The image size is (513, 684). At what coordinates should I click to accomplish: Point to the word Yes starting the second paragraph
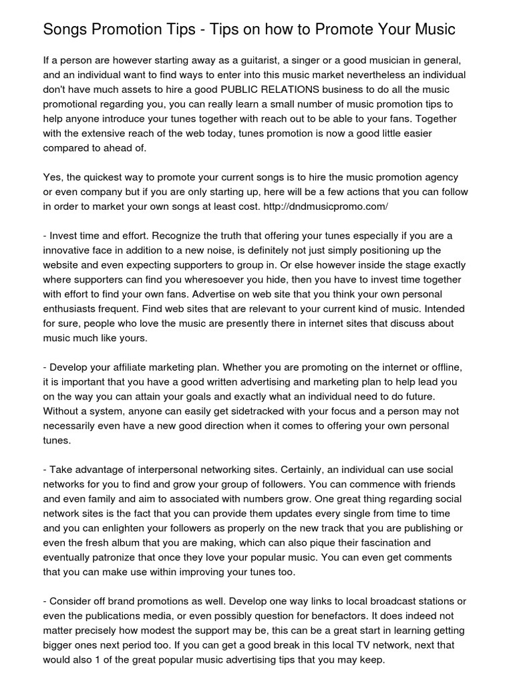(x=53, y=177)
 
